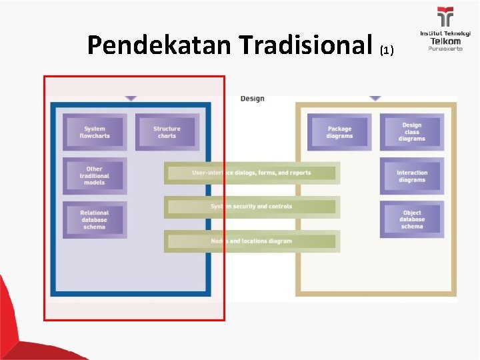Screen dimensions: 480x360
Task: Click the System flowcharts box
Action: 95,132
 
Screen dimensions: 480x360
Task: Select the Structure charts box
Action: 167,132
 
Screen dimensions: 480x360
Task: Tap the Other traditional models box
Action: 95,175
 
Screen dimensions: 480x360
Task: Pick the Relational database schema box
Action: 95,219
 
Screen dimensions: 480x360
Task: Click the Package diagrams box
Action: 339,132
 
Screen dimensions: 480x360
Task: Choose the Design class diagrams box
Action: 411,131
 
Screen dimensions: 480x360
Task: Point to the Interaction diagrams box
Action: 411,176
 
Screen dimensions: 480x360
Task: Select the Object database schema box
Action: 411,219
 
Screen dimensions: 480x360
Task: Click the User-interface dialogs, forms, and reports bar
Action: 252,173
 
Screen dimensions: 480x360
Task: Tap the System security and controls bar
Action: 252,207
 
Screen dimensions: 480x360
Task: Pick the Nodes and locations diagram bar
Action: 252,241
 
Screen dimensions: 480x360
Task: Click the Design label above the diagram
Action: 252,99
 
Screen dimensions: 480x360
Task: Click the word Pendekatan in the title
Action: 159,45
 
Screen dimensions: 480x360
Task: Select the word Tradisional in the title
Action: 305,45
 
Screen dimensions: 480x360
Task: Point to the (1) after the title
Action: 387,51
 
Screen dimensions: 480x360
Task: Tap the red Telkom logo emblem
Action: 445,17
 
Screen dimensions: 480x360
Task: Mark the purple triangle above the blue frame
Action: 131,98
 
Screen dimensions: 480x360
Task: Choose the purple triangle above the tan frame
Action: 375,98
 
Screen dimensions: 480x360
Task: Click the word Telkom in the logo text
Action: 445,41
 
